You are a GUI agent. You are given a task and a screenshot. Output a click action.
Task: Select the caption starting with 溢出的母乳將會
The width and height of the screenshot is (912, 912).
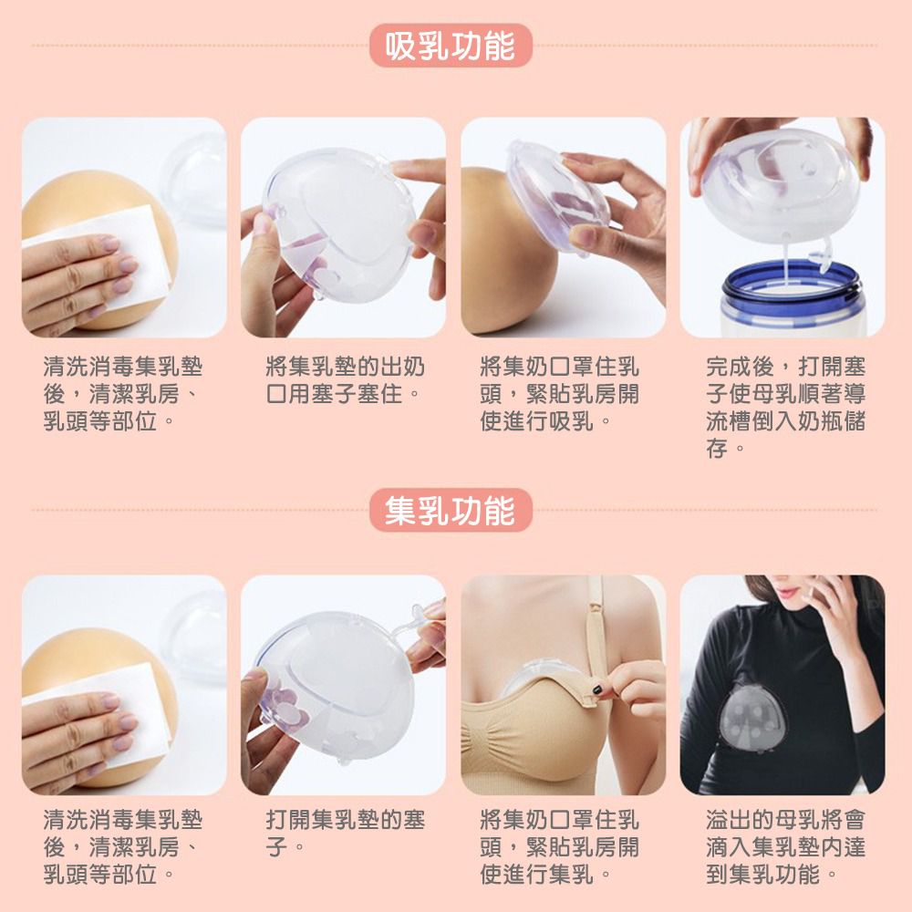click(785, 846)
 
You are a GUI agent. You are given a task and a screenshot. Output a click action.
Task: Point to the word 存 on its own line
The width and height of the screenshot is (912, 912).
click(716, 449)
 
